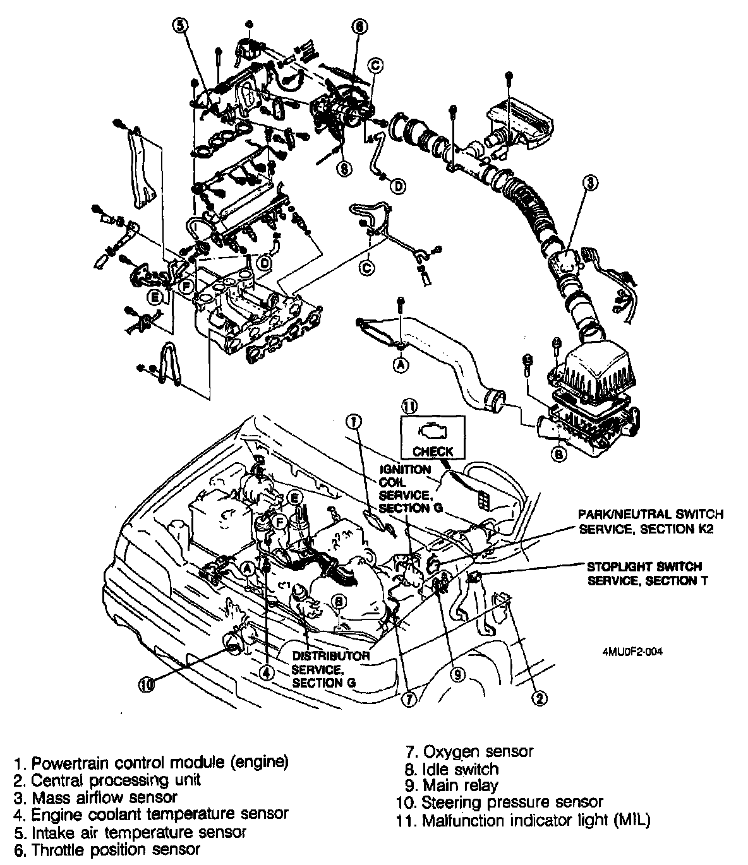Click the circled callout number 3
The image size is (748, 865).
pos(589,183)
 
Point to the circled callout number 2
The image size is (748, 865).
pos(538,698)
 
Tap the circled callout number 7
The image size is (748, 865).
pos(409,699)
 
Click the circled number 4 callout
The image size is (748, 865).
pos(268,673)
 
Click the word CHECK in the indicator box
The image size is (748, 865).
pos(433,451)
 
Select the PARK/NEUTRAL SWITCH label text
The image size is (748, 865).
pos(651,515)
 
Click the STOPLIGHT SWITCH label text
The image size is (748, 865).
pos(644,566)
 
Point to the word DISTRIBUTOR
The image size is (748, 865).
pos(331,656)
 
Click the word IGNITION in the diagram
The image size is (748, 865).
pos(405,470)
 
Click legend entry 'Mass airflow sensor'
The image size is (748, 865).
pos(104,797)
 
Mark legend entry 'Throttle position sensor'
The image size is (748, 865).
pos(116,850)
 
